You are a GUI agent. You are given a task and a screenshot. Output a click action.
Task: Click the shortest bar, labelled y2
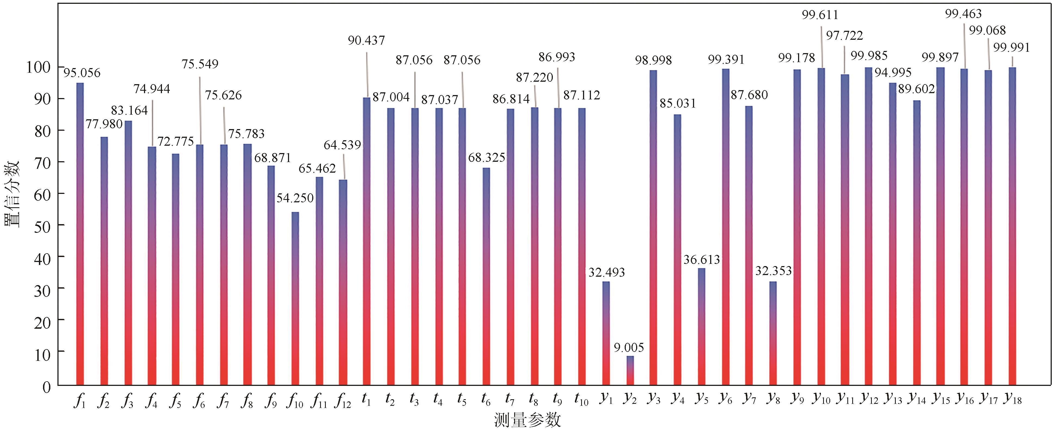630,370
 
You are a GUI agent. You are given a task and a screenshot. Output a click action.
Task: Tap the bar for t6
486,276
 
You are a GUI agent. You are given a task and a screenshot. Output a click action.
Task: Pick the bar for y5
701,327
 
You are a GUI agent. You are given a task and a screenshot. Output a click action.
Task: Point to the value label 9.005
629,348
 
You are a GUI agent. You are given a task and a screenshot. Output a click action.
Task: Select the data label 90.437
366,41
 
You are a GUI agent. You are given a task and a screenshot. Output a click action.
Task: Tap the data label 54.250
295,199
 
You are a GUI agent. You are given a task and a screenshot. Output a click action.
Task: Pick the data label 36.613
701,260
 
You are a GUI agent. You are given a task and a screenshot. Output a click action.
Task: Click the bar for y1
606,333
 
